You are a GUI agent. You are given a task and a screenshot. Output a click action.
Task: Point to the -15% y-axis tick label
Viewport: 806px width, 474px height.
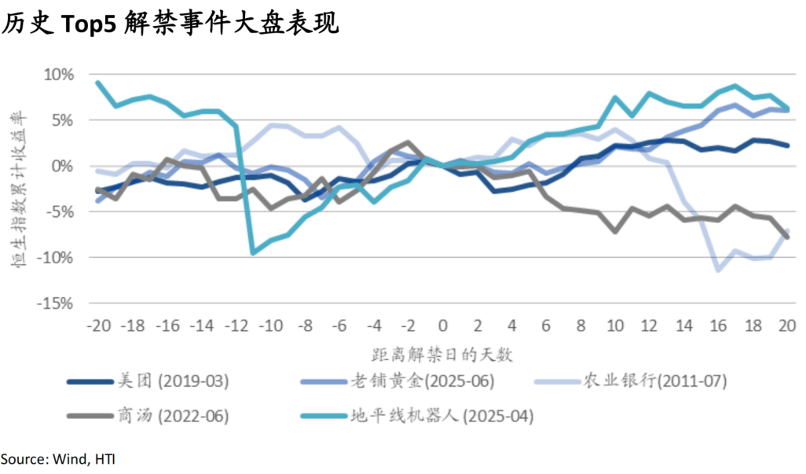pyautogui.click(x=56, y=303)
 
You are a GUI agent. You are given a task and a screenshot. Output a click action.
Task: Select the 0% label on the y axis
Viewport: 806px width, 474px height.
pyautogui.click(x=63, y=166)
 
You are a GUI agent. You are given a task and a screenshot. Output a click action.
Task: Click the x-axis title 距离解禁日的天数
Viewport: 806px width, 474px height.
pyautogui.click(x=441, y=354)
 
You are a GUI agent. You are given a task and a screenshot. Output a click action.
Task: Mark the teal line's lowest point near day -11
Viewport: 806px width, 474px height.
pyautogui.click(x=253, y=252)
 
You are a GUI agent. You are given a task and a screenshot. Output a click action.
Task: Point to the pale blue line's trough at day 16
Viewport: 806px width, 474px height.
pyautogui.click(x=719, y=270)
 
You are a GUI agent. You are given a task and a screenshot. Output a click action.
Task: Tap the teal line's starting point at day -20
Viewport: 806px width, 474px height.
pyautogui.click(x=97, y=83)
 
